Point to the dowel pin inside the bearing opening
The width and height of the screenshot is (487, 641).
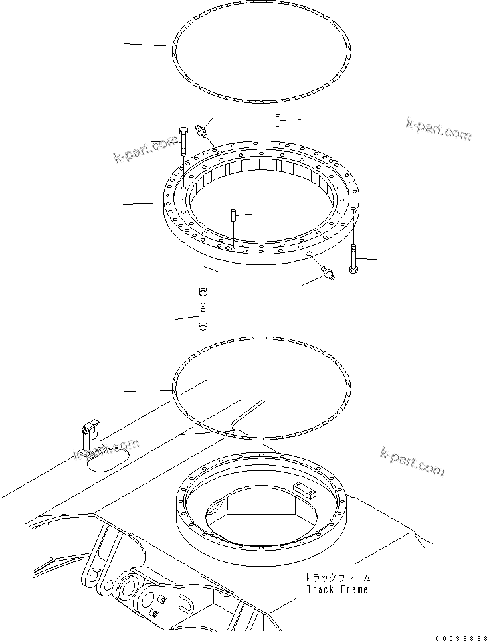[x=234, y=215]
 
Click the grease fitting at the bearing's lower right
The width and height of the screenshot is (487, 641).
[x=328, y=271]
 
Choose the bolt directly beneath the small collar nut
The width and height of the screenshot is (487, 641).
[x=203, y=316]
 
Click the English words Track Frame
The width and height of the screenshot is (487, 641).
[x=336, y=589]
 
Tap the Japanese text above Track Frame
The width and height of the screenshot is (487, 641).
[x=336, y=577]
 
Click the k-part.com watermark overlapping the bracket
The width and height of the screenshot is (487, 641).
[x=106, y=451]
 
